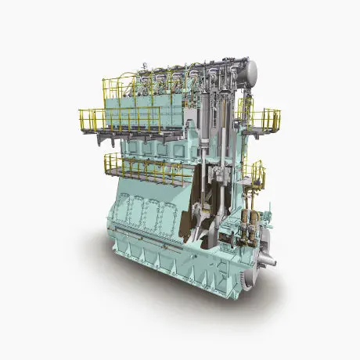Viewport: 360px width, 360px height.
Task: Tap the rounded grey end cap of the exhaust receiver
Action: (250, 73)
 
